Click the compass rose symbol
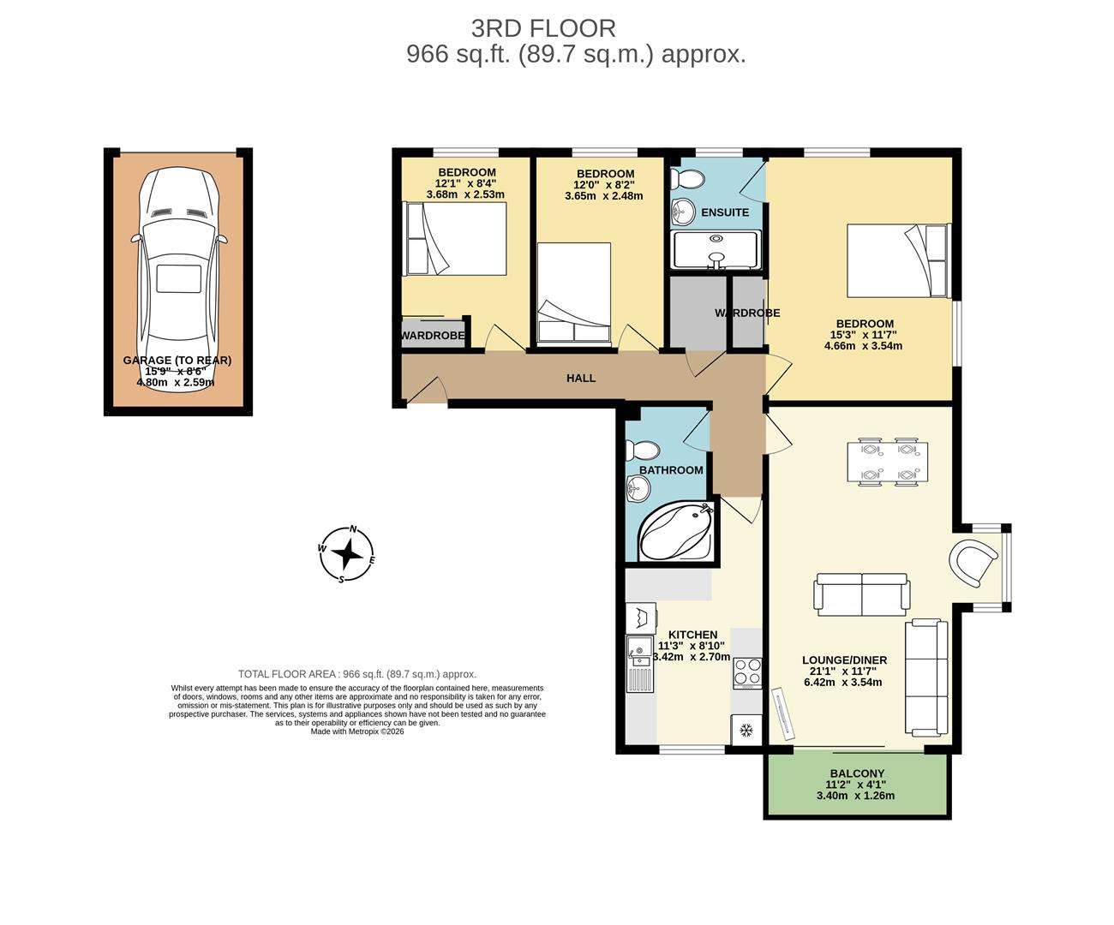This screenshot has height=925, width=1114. pos(347,554)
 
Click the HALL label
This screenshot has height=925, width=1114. pos(580,378)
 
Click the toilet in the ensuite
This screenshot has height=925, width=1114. pos(687,179)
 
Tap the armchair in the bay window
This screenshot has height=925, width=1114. pos(975,561)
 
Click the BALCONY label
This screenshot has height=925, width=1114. pos(857,773)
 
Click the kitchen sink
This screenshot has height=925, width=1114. pos(638,652)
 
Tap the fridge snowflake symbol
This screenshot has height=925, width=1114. pos(745,730)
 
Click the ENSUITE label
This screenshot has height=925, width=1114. pos(725,212)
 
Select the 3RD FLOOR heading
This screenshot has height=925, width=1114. pos(543,28)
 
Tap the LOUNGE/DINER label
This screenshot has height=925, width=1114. pos(844,660)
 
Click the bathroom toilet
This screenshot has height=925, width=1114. pos(644,451)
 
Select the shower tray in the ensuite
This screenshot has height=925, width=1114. pos(716,250)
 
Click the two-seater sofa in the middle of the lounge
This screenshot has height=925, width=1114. pos(861,594)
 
